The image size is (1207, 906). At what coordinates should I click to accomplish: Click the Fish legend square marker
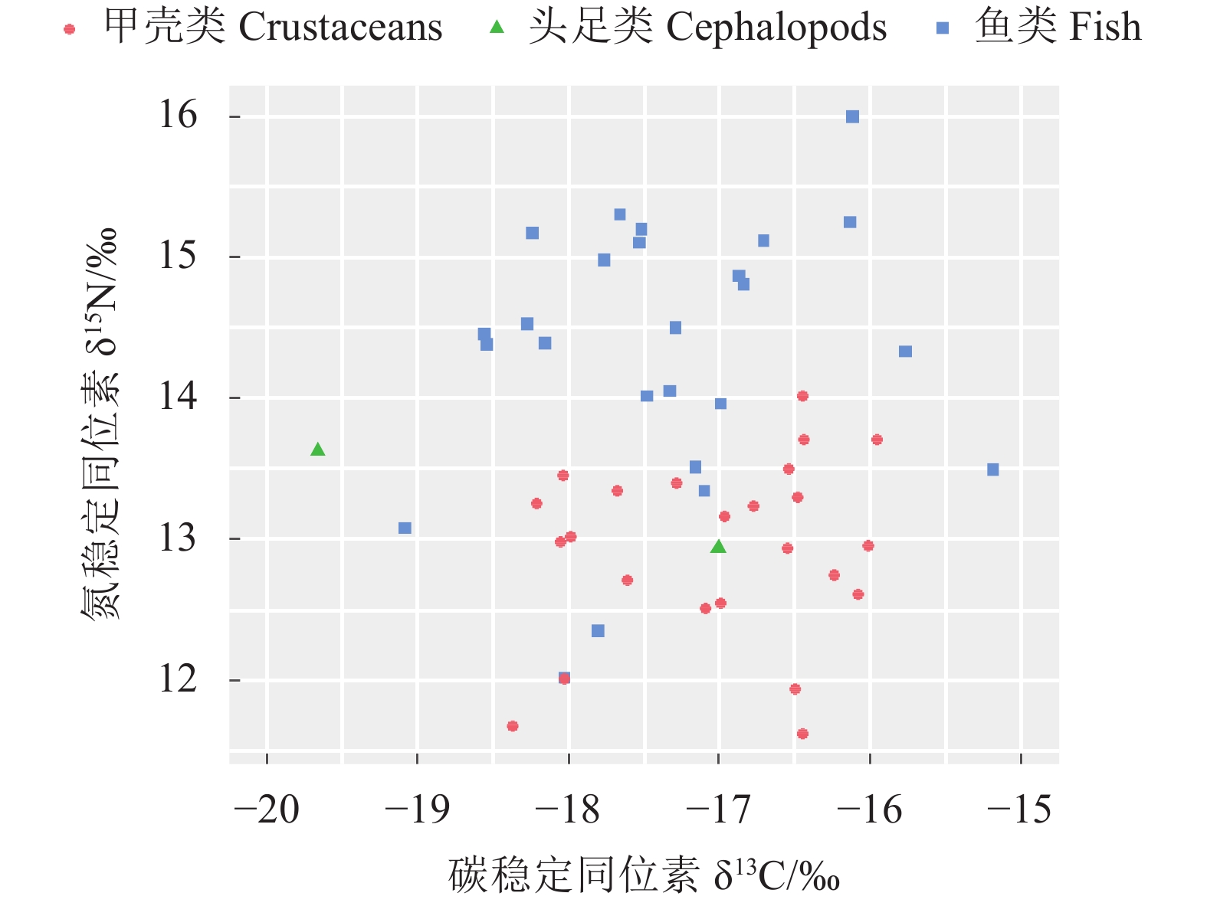[x=943, y=28]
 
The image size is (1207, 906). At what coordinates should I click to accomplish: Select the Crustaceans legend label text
[x=273, y=28]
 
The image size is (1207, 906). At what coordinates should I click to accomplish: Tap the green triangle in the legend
[x=497, y=28]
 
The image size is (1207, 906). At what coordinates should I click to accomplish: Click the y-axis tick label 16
[x=178, y=116]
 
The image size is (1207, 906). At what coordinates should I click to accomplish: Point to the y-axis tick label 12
[x=178, y=679]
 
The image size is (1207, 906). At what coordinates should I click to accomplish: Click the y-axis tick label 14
[x=178, y=397]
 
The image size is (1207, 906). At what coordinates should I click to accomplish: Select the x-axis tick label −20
[x=267, y=810]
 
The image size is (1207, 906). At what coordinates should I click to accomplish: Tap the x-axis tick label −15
[x=1020, y=810]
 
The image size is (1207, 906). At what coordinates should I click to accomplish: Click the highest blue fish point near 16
[x=852, y=116]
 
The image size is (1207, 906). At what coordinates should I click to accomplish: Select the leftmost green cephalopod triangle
[x=318, y=450]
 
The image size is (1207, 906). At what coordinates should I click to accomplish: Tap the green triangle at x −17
[x=718, y=546]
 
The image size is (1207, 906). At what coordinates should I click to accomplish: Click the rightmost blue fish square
[x=992, y=469]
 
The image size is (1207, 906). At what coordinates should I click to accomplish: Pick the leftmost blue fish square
[x=405, y=528]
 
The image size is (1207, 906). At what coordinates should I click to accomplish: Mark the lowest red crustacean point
[x=802, y=734]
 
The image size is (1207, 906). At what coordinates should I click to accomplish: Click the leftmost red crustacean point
[x=513, y=726]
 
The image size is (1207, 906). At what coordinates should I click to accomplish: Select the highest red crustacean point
[x=802, y=396]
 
